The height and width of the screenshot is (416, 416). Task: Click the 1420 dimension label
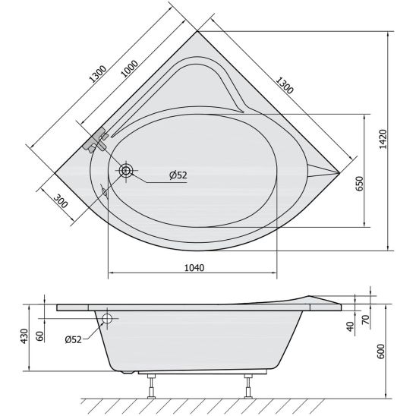click(383, 139)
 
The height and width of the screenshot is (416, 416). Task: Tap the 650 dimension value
click(360, 183)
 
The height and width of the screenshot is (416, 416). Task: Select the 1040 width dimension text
click(194, 268)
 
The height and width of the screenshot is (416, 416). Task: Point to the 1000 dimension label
click(130, 69)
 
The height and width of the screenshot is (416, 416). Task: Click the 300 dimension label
click(61, 201)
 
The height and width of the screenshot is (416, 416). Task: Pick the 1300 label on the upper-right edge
click(285, 85)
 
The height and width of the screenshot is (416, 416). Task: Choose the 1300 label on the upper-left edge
click(98, 74)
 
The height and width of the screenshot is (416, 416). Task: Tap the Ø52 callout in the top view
click(178, 175)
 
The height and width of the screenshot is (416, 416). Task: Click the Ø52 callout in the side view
click(73, 339)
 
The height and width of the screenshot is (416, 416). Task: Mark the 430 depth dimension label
click(24, 336)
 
